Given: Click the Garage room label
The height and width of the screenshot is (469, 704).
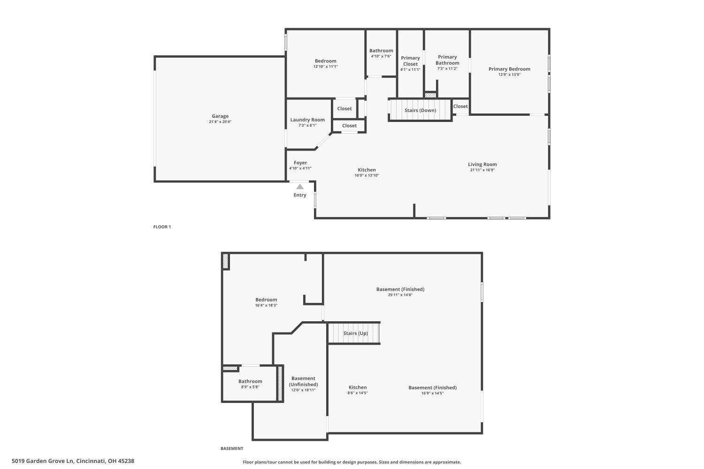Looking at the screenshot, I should (220, 116).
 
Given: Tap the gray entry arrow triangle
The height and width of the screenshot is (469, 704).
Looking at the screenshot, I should (300, 187).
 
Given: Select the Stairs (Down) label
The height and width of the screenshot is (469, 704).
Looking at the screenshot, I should (420, 111).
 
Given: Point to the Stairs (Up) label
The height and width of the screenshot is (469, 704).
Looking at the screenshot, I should (355, 333).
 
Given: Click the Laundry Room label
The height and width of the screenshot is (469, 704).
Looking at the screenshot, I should (307, 120).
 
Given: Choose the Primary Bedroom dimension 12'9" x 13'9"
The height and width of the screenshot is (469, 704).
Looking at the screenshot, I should (509, 75).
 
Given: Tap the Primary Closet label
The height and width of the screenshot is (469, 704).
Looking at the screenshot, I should (410, 61).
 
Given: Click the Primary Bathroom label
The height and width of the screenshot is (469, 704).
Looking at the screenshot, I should (447, 60).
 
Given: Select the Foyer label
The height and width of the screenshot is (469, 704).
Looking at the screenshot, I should (300, 163).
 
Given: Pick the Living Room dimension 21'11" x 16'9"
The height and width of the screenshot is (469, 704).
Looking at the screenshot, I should (482, 170).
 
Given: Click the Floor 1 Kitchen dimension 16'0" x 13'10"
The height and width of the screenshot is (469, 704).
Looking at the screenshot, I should (367, 175).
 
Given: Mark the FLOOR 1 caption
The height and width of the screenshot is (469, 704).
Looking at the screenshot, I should (162, 227).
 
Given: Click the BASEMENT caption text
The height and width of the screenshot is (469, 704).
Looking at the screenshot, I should (232, 449).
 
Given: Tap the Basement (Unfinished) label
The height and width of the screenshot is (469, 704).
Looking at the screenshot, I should (303, 381).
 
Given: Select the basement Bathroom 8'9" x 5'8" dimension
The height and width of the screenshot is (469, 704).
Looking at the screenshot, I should (250, 387).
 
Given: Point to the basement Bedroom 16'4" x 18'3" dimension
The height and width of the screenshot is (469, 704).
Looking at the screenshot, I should (266, 305).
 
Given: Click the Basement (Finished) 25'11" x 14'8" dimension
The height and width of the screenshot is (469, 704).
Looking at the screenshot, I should (400, 295).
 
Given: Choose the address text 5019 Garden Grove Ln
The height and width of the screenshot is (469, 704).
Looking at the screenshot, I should (43, 461).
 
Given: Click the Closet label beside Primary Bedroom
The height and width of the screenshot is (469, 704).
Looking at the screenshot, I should (460, 106).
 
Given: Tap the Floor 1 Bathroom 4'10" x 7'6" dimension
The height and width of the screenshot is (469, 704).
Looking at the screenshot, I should (381, 56).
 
